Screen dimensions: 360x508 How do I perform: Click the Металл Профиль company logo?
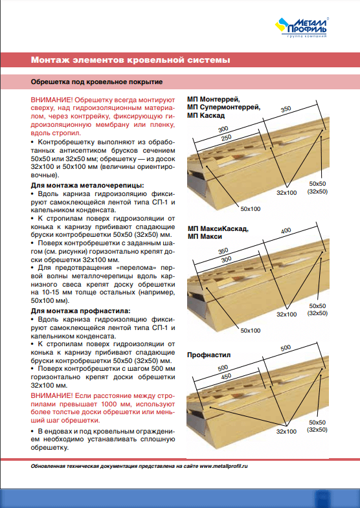(x=302, y=27)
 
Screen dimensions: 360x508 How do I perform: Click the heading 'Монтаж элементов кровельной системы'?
(x=131, y=60)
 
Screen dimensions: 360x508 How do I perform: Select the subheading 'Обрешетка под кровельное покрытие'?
(x=96, y=82)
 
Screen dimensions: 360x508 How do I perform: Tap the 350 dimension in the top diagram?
(x=286, y=109)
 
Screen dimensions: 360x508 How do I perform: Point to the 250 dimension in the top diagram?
(x=226, y=138)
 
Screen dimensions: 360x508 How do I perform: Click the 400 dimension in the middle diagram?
(x=286, y=231)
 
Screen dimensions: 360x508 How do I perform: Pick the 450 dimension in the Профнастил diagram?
(x=226, y=377)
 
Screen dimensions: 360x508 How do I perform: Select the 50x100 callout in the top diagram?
(x=251, y=209)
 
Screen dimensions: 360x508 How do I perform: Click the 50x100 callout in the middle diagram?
(x=251, y=331)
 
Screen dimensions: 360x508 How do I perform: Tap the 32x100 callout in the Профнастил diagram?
(x=286, y=432)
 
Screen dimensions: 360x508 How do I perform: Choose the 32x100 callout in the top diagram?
(x=286, y=193)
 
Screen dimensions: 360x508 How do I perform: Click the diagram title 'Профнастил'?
(x=209, y=355)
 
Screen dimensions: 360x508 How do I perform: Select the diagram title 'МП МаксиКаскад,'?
(x=218, y=228)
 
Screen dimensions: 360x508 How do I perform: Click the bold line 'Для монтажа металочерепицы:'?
(x=87, y=185)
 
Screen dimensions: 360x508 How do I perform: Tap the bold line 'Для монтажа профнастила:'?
(x=81, y=311)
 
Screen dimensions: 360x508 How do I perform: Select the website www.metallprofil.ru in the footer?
(x=223, y=466)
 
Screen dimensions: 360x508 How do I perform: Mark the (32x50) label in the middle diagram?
(x=317, y=313)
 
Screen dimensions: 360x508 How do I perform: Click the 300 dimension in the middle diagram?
(x=226, y=260)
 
